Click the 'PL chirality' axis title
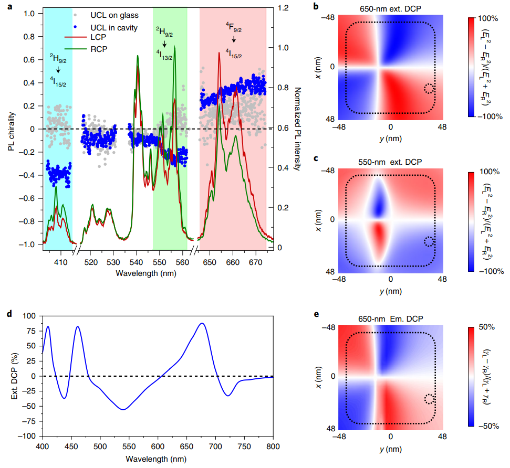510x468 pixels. point(11,125)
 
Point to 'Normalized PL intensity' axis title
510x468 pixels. point(297,129)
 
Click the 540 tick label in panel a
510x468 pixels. point(137,261)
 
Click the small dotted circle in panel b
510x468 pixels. point(429,88)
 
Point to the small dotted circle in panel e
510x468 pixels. point(429,399)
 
